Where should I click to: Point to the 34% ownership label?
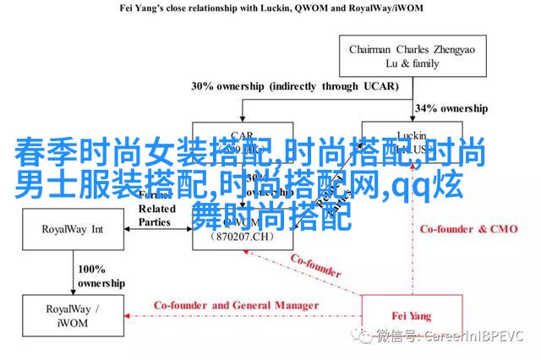click(x=451, y=108)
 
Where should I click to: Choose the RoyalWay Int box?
click(x=74, y=228)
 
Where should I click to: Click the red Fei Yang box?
click(x=410, y=317)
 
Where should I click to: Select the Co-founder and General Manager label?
click(x=236, y=305)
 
